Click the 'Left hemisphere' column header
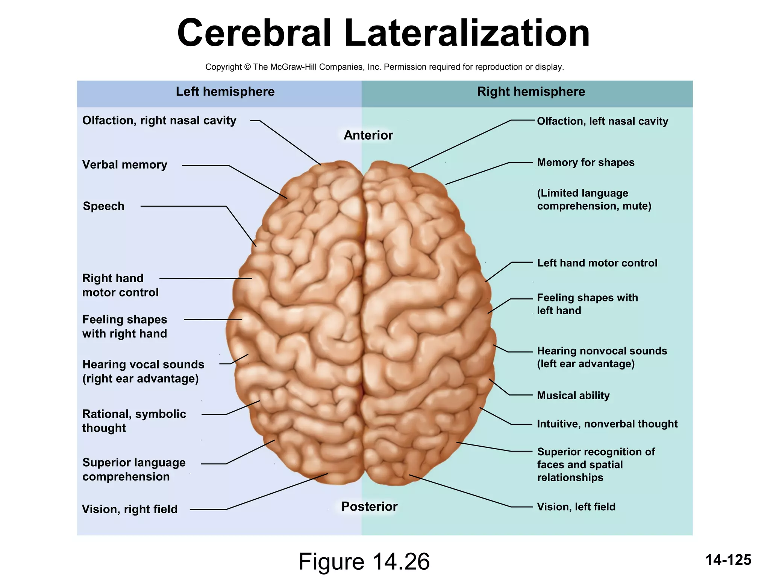point(225,92)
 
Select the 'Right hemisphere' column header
point(531,92)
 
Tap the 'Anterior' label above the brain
point(368,135)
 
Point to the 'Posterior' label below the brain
point(369,507)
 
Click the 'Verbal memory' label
point(124,165)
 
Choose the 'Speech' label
point(103,206)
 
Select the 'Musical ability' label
point(573,395)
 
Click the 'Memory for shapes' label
point(585,163)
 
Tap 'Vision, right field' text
point(130,509)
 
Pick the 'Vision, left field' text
point(576,507)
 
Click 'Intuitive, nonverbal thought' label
point(607,424)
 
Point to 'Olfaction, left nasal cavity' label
point(602,121)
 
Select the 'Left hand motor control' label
point(597,263)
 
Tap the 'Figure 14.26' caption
point(364,562)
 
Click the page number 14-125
point(728,560)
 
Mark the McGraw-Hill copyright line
point(384,67)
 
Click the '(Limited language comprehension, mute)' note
point(594,199)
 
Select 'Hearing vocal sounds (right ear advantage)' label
point(143,371)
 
